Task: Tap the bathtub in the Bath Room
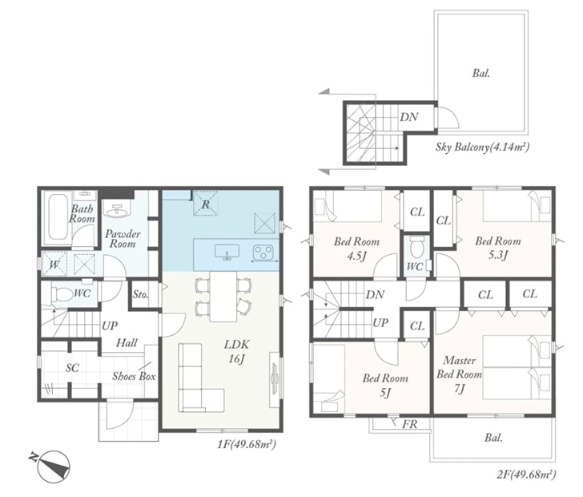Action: pyautogui.click(x=58, y=218)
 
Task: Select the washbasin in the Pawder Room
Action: pyautogui.click(x=116, y=210)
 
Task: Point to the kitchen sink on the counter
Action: pyautogui.click(x=227, y=252)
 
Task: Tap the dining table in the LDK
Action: pyautogui.click(x=223, y=297)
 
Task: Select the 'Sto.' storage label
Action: pyautogui.click(x=141, y=294)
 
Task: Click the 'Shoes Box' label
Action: pyautogui.click(x=134, y=376)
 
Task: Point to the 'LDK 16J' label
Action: pyautogui.click(x=236, y=351)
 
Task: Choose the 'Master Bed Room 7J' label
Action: pyautogui.click(x=459, y=374)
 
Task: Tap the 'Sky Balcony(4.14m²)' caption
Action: pyautogui.click(x=482, y=147)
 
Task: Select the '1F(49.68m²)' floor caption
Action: pyautogui.click(x=247, y=444)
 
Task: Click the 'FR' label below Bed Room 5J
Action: pyautogui.click(x=410, y=424)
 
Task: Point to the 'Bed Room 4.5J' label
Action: pyautogui.click(x=356, y=248)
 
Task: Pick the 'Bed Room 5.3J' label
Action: pyautogui.click(x=498, y=248)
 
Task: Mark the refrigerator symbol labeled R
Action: pyautogui.click(x=205, y=204)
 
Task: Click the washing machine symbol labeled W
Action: pyautogui.click(x=54, y=265)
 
